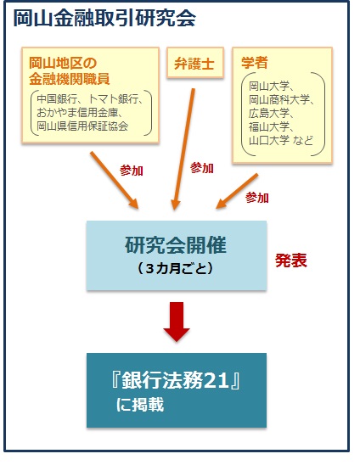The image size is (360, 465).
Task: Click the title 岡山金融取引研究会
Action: pyautogui.click(x=104, y=18)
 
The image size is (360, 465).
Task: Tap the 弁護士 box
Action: pyautogui.click(x=194, y=63)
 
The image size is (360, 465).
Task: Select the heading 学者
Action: pyautogui.click(x=255, y=63)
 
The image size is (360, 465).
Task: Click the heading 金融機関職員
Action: pyautogui.click(x=70, y=79)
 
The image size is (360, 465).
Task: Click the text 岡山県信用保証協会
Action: pyautogui.click(x=82, y=126)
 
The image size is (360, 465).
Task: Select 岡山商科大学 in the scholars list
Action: pyautogui.click(x=279, y=99)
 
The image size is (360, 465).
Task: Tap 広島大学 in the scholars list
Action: pyautogui.click(x=269, y=114)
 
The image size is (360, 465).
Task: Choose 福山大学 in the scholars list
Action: pyautogui.click(x=269, y=127)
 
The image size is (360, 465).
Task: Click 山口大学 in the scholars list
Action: pyautogui.click(x=269, y=140)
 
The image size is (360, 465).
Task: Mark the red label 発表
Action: pyautogui.click(x=291, y=261)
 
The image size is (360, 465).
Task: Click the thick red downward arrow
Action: pyautogui.click(x=177, y=322)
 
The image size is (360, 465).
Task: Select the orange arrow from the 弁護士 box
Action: pyautogui.click(x=184, y=149)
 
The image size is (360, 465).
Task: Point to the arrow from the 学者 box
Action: pyautogui.click(x=237, y=191)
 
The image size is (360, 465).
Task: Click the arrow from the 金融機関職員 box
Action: pyautogui.click(x=115, y=180)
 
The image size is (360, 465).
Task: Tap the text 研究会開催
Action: pyautogui.click(x=176, y=245)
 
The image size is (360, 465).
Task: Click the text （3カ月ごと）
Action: pyautogui.click(x=176, y=268)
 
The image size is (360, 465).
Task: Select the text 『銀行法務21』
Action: pyautogui.click(x=176, y=380)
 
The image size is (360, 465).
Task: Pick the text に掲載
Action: pyautogui.click(x=140, y=405)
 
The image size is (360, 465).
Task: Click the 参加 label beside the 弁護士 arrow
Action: pyautogui.click(x=202, y=168)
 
